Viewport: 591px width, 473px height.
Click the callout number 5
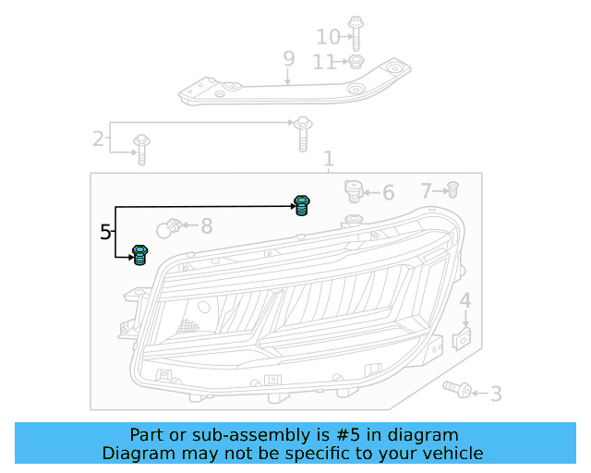coord(105,232)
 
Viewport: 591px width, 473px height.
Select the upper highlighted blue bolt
coord(301,204)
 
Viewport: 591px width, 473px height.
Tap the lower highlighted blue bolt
coord(140,253)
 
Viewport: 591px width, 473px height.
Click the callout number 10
coord(328,37)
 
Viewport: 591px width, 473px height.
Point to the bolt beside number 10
coord(356,31)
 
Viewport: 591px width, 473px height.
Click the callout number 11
coord(324,62)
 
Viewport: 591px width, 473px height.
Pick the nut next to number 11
coord(356,62)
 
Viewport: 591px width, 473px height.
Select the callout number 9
coord(289,59)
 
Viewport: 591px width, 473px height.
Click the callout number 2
coord(98,139)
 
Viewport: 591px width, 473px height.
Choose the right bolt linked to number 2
coord(302,134)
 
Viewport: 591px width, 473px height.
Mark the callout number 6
coord(388,192)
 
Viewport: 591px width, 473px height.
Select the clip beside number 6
coord(352,191)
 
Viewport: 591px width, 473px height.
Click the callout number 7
coord(426,191)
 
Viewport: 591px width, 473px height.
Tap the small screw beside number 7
coord(452,190)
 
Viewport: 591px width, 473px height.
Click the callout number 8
coord(206,225)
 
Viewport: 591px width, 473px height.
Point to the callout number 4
coord(465,300)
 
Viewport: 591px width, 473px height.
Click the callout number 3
coord(496,394)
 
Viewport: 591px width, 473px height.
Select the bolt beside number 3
coord(457,389)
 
